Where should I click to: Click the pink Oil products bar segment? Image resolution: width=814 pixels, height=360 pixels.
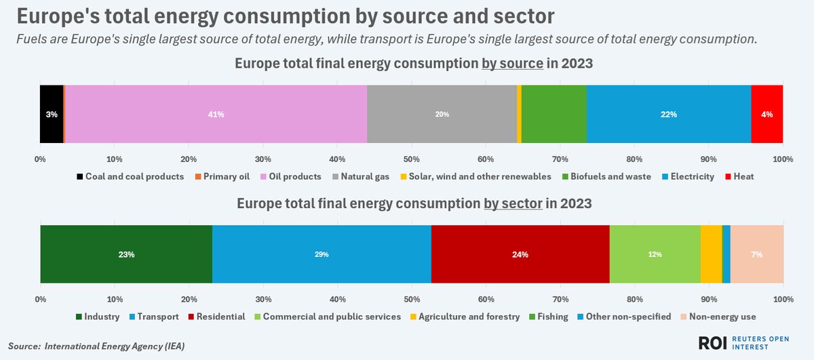[x=216, y=114]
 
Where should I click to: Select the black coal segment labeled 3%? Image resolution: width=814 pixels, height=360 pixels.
[x=52, y=114]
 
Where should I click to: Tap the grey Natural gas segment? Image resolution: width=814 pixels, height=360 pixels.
[x=442, y=114]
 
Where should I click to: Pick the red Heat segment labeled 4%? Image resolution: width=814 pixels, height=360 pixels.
[x=767, y=114]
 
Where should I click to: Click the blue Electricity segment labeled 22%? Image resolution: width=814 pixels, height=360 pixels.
[x=668, y=114]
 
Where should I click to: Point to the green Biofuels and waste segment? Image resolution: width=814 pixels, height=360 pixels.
[x=554, y=114]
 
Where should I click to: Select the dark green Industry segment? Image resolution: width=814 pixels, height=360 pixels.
[x=126, y=254]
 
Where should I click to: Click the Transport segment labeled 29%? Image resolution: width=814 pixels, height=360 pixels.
[x=322, y=254]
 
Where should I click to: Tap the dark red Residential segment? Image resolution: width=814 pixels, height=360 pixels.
[x=520, y=254]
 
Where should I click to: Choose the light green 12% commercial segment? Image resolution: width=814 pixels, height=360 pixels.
[x=655, y=254]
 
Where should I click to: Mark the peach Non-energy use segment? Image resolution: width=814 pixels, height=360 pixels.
[x=756, y=254]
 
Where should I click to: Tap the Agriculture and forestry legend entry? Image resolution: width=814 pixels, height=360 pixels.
[x=464, y=317]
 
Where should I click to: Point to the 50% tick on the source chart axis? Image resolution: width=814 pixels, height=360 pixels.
[x=411, y=159]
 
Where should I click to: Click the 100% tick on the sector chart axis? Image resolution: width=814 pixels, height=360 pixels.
[x=783, y=299]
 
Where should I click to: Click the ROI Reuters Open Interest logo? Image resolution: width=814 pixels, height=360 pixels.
[x=742, y=342]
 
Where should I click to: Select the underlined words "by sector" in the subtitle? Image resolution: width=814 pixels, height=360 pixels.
[x=512, y=204]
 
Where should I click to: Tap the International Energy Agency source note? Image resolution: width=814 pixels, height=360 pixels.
[x=96, y=346]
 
